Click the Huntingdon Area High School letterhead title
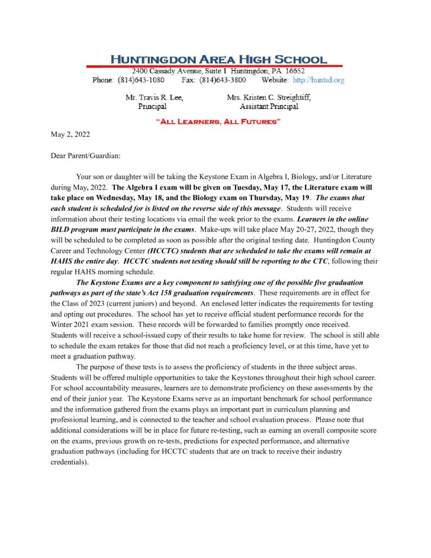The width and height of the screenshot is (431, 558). coord(219,60)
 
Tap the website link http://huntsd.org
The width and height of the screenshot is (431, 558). coord(318,80)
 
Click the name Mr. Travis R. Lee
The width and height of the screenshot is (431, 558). coord(154,98)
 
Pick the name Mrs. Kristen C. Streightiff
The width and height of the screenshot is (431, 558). coord(269,98)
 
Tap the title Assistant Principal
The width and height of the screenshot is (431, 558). coord(269,106)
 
